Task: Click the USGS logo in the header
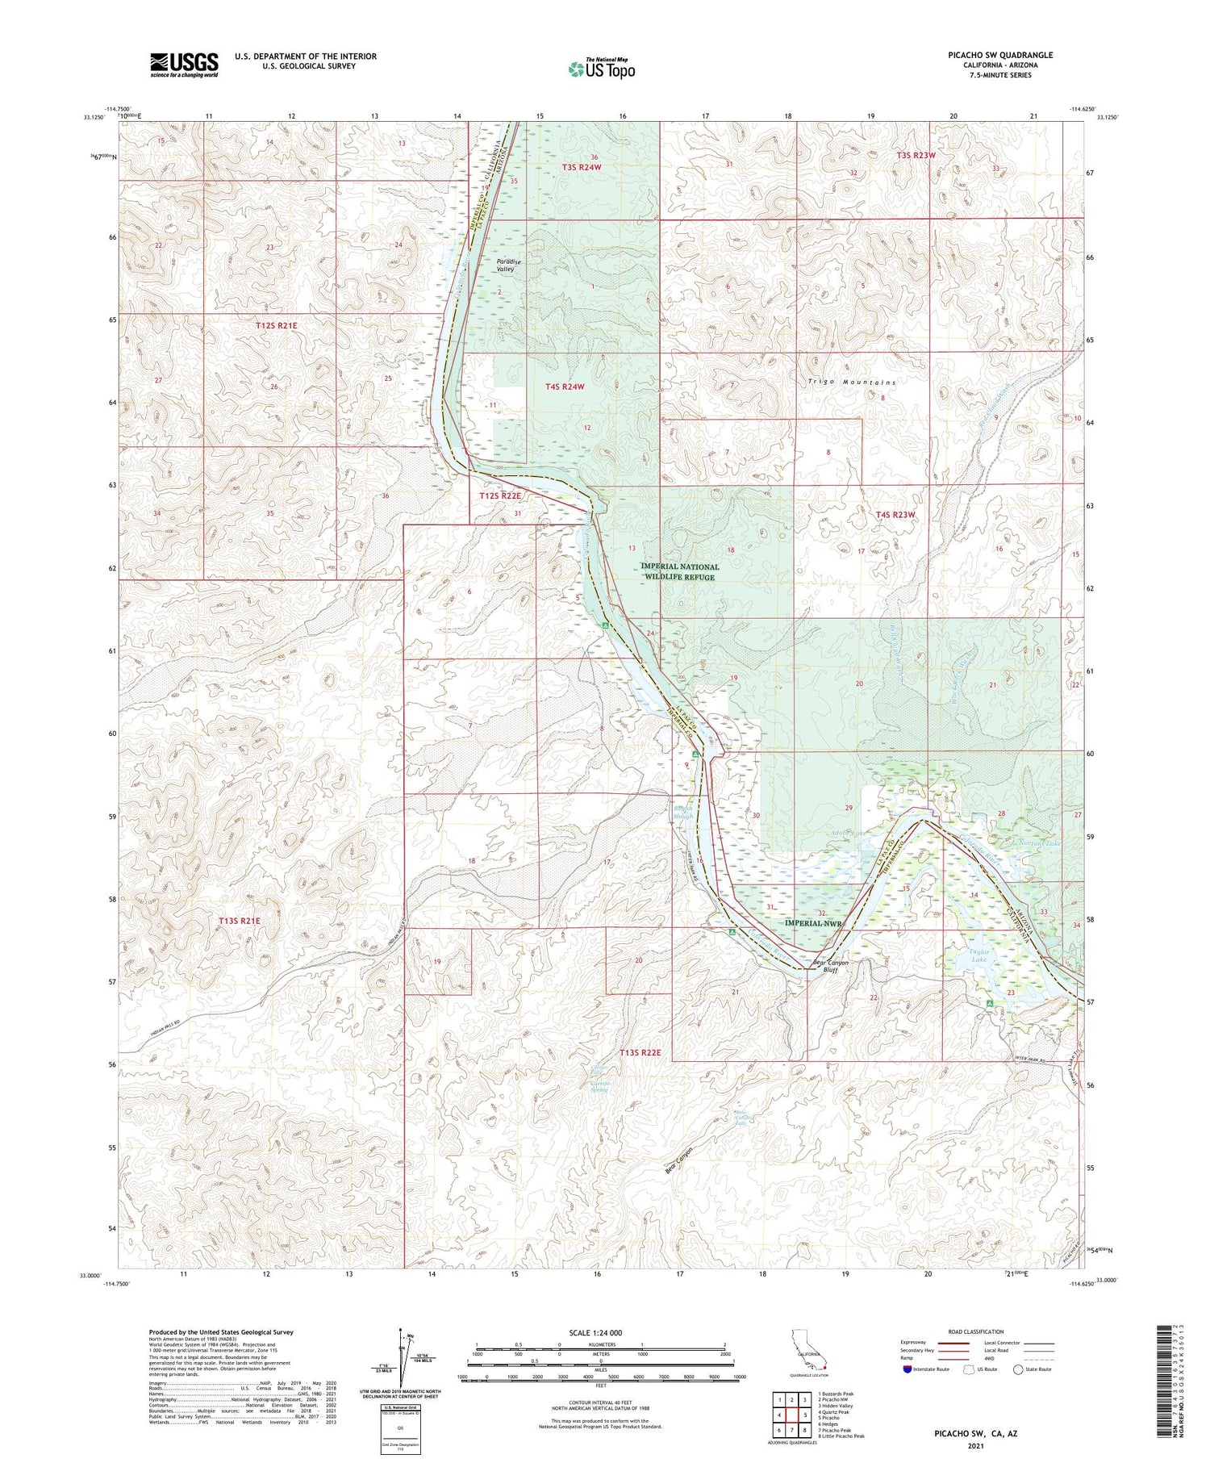click(184, 65)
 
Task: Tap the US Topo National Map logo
click(602, 69)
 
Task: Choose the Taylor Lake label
click(978, 956)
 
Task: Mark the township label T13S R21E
click(240, 920)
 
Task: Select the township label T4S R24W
click(564, 387)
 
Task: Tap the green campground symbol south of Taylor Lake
click(990, 1002)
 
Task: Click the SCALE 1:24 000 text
click(600, 1332)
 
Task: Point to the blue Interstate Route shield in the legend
click(908, 1369)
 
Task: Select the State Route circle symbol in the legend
click(1018, 1369)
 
